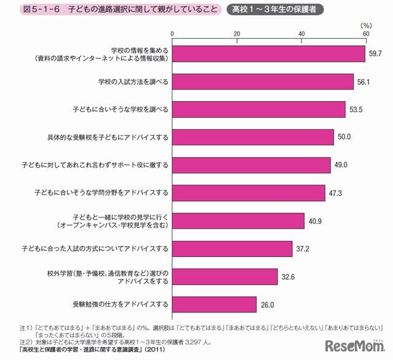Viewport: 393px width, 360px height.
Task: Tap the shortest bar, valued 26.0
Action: (214, 304)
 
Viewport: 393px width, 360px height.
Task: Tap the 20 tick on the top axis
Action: (236, 33)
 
